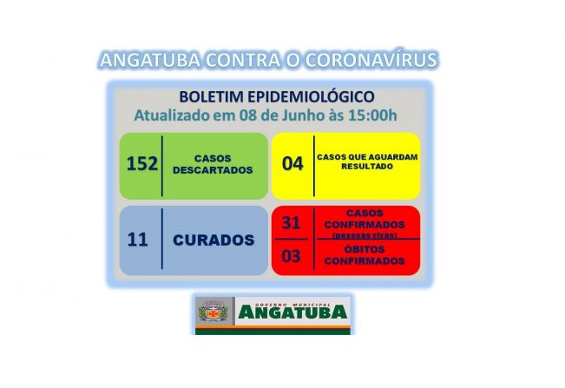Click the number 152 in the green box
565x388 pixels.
(139, 163)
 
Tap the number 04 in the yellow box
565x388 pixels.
(292, 163)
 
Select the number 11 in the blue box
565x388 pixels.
(137, 240)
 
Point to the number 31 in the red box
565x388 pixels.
(292, 222)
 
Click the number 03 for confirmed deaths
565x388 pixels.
(292, 256)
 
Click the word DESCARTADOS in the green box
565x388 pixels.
(212, 170)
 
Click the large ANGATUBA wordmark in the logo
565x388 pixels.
(292, 312)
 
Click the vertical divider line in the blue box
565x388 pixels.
(162, 240)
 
